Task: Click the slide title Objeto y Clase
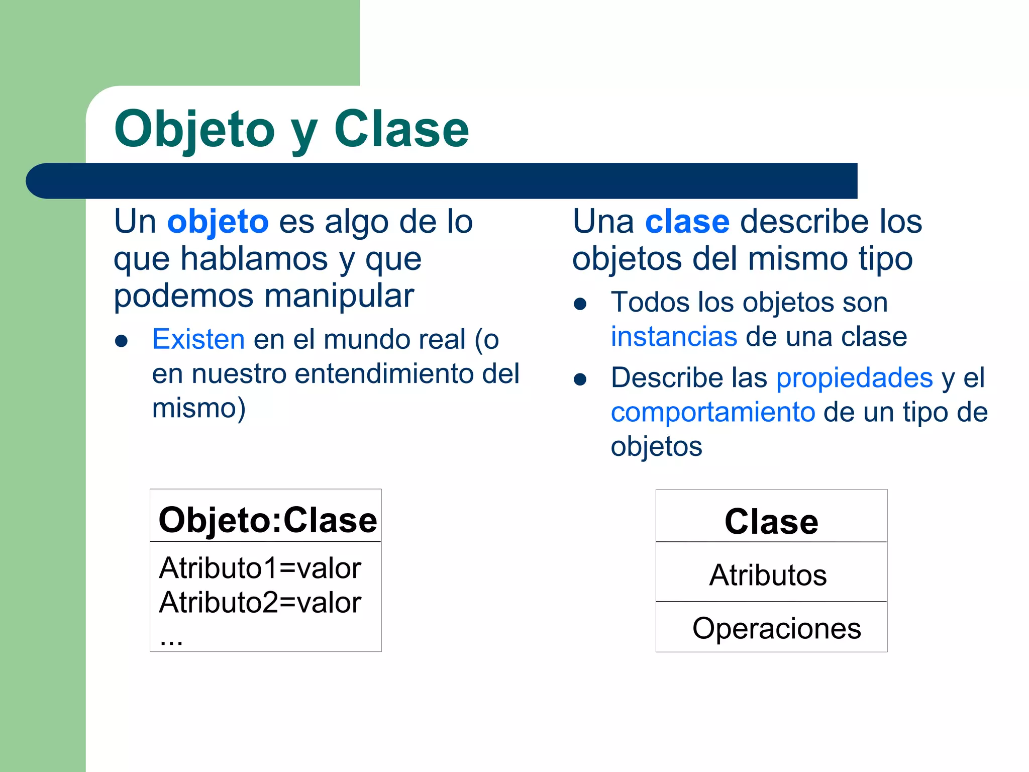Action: (291, 129)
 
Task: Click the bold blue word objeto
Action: (218, 222)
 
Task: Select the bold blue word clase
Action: (687, 222)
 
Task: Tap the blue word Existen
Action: (198, 339)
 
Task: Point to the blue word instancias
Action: (674, 337)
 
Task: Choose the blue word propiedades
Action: (854, 378)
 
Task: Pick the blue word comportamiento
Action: (712, 412)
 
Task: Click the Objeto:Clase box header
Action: (267, 520)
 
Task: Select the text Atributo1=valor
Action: (260, 568)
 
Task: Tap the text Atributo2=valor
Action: (260, 603)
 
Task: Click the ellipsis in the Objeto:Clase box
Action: (171, 640)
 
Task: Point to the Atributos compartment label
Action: (768, 575)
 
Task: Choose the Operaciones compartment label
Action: (776, 628)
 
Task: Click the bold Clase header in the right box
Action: (771, 521)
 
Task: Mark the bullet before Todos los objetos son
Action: (580, 304)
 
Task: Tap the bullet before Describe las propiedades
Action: (580, 379)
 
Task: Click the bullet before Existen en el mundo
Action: (121, 341)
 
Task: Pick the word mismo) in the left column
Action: (199, 408)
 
